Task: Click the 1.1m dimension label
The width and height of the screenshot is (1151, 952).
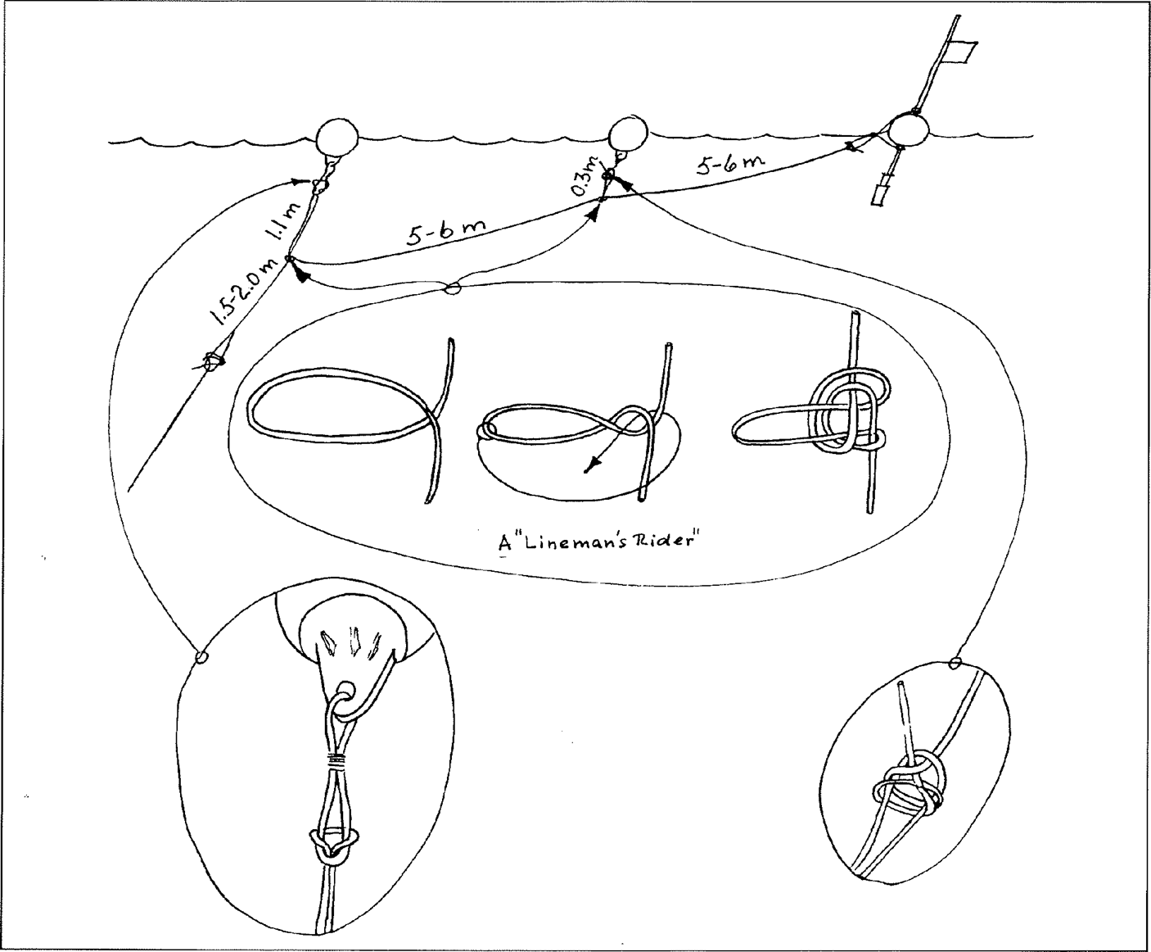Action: (x=286, y=221)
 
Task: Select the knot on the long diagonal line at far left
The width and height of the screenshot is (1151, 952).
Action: (x=212, y=361)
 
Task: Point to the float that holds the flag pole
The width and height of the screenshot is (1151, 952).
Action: (x=909, y=131)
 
